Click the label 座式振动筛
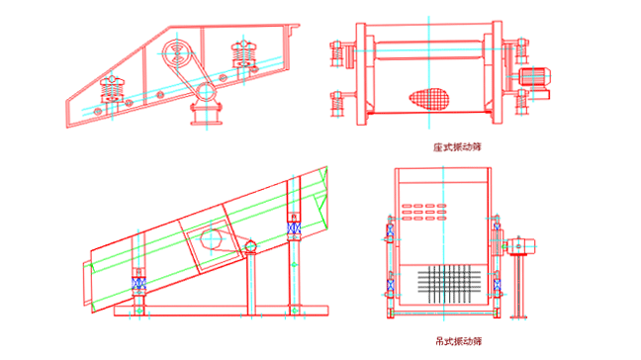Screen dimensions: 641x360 pos(457,147)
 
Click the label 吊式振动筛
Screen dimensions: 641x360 pos(458,341)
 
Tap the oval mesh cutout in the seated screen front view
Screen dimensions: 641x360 pos(429,99)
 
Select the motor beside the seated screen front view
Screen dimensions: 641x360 pos(534,77)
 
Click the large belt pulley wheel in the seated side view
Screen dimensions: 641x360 pos(177,53)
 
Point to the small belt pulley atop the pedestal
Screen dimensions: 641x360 pos(206,92)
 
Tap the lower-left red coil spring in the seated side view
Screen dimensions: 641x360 pos(112,89)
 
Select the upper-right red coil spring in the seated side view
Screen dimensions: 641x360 pos(243,53)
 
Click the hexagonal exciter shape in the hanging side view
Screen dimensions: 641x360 pos(212,239)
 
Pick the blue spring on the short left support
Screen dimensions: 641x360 pos(138,283)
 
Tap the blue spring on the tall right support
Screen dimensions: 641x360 pos(294,228)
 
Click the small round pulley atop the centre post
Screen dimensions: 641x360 pos(250,246)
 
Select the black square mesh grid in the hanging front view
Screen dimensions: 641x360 pos(449,284)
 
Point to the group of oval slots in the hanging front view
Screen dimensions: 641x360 pos(424,212)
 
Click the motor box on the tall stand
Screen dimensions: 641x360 pos(521,246)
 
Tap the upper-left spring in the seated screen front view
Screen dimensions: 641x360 pos(337,53)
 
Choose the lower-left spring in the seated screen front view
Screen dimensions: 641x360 pos(337,104)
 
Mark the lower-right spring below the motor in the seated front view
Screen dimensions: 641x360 pos(521,102)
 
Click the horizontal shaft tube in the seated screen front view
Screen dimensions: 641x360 pos(428,50)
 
